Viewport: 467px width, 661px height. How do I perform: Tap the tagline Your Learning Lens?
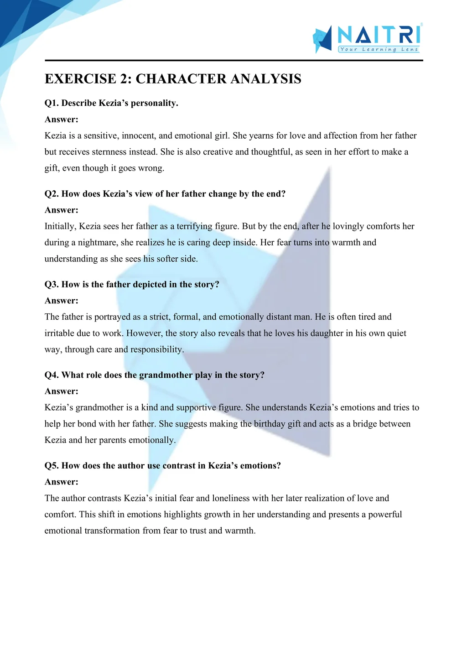point(379,49)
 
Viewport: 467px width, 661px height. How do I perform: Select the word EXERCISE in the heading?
point(80,79)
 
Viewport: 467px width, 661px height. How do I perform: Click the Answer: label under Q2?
point(62,210)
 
